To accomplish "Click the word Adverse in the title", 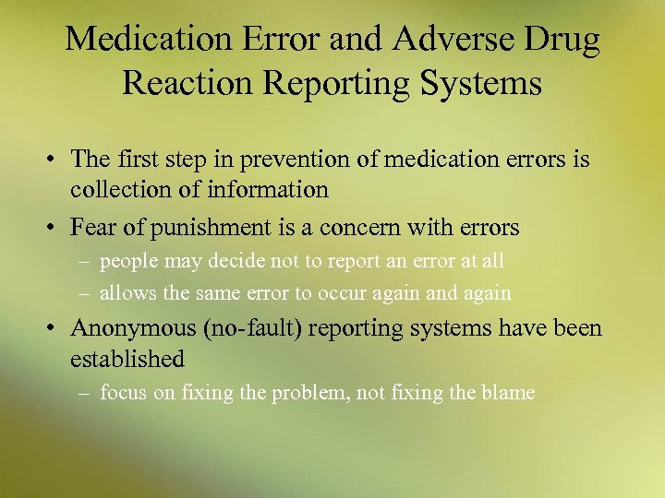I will click(446, 41).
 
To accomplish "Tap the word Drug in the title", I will click(556, 41).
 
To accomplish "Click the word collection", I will click(116, 189).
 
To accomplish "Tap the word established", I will click(127, 358).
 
